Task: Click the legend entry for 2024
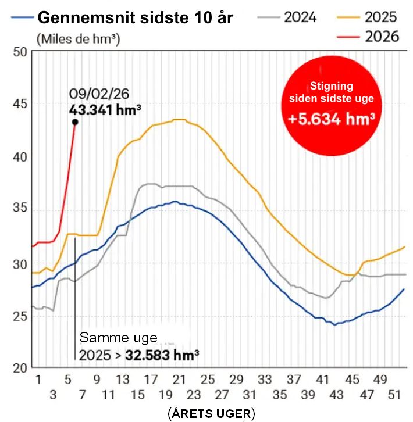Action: [x=300, y=17]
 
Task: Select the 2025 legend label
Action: [x=381, y=17]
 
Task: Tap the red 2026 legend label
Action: [x=381, y=36]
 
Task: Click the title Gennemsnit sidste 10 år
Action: [x=135, y=17]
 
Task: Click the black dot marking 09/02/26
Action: [x=75, y=122]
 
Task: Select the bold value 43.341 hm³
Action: [x=105, y=109]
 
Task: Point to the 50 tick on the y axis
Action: [x=21, y=52]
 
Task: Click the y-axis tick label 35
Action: [x=21, y=210]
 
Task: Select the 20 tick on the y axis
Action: [x=21, y=369]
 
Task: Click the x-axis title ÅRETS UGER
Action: [x=211, y=413]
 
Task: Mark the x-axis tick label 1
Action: [x=38, y=380]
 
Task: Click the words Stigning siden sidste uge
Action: [x=331, y=92]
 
